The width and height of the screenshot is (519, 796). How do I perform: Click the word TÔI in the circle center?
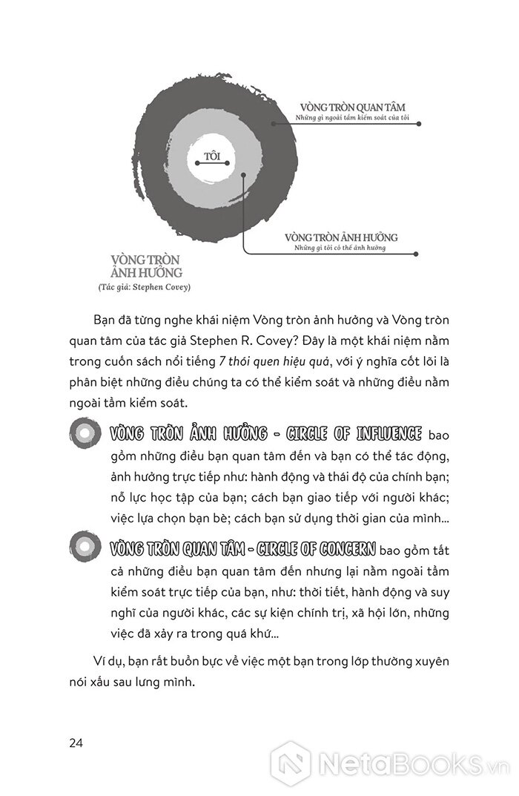point(213,157)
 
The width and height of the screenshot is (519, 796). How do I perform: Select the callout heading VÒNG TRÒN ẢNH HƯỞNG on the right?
point(341,237)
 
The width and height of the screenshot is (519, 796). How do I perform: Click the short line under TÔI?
point(213,165)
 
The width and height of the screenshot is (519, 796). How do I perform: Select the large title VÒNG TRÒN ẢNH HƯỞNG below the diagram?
point(145,266)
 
